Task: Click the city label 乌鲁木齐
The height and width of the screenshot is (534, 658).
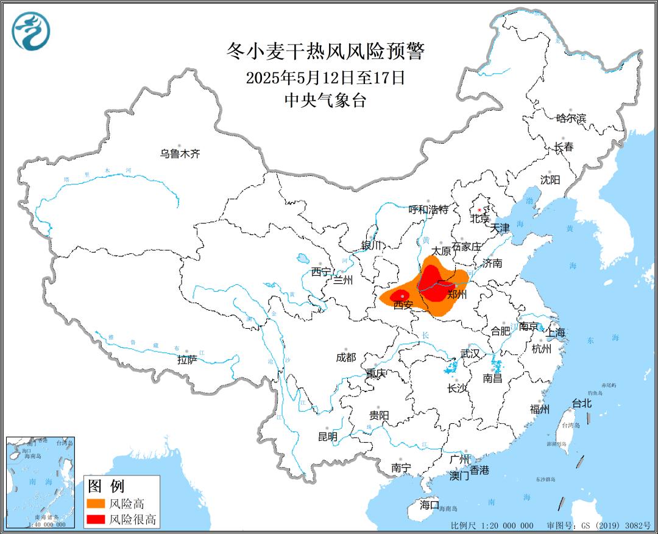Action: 180,154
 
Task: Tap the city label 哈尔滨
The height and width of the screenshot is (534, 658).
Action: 571,118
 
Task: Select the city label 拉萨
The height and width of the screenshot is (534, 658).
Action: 187,360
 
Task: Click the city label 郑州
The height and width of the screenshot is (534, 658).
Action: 457,295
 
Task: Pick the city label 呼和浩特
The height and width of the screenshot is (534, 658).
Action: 428,209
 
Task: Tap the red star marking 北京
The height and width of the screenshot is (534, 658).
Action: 479,211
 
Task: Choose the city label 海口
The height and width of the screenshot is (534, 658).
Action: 429,505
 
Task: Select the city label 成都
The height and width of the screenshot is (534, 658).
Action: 345,357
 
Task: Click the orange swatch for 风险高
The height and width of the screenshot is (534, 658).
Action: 95,504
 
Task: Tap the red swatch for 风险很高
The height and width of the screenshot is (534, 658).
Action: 95,519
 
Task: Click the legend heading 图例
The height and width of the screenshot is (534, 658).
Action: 106,486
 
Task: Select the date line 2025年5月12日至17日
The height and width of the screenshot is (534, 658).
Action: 325,77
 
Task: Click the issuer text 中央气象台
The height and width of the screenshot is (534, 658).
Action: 325,100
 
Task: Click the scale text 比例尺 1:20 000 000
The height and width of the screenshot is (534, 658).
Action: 492,525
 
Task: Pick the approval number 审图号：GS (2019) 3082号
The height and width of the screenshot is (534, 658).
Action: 600,525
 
